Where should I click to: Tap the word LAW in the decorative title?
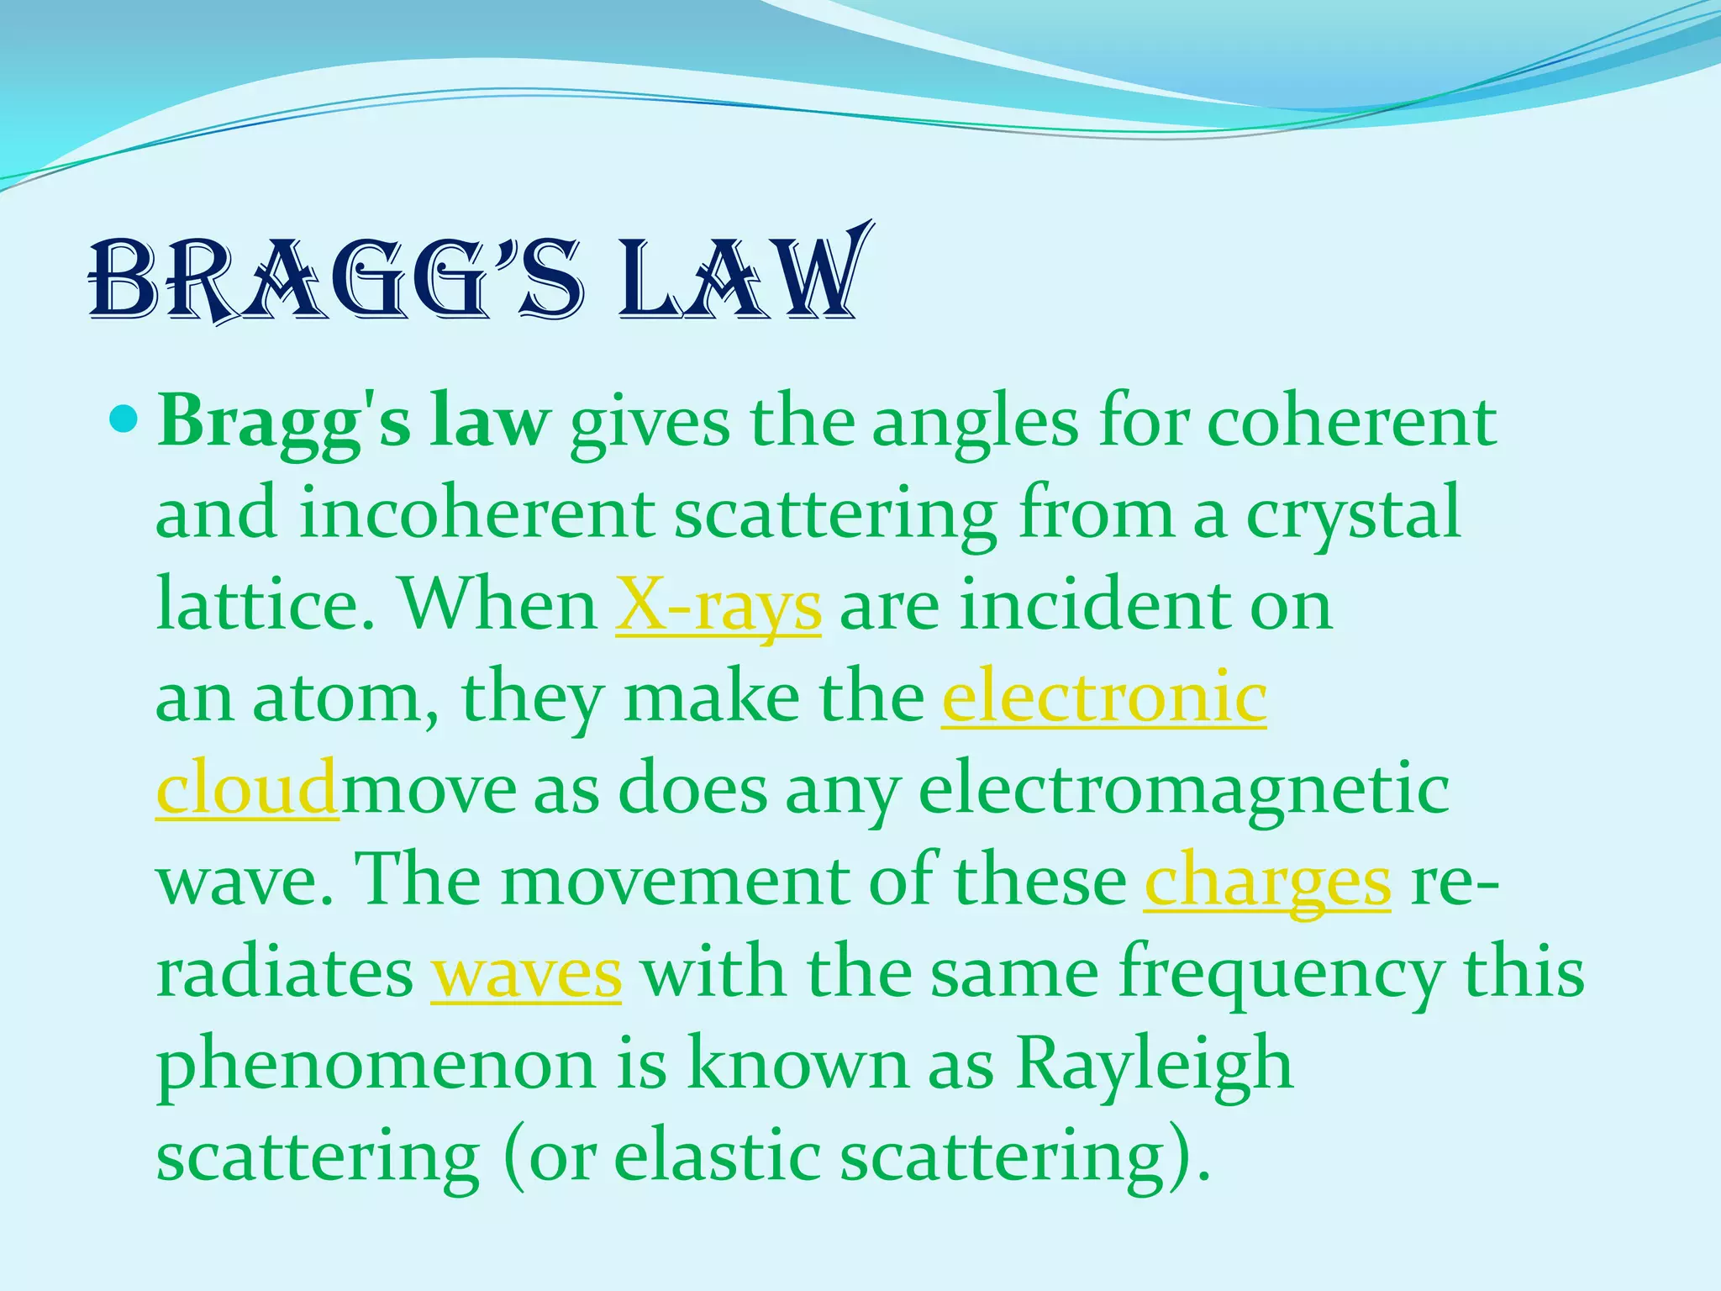739,277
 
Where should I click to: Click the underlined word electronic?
1103,698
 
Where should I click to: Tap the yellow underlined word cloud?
247,790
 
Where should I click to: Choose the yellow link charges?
1266,883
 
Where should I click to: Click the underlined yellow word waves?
526,975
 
